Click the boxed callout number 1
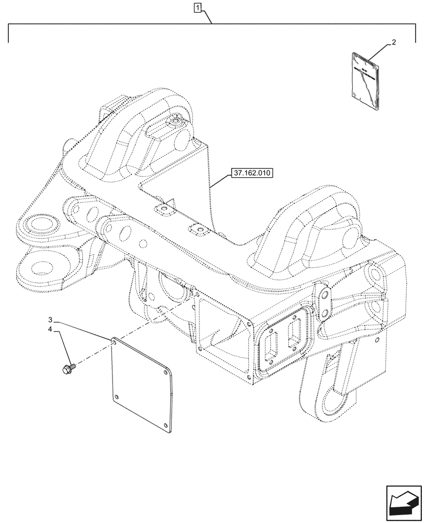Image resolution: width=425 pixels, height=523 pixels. (x=197, y=8)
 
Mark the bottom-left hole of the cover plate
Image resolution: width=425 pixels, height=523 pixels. (x=118, y=395)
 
